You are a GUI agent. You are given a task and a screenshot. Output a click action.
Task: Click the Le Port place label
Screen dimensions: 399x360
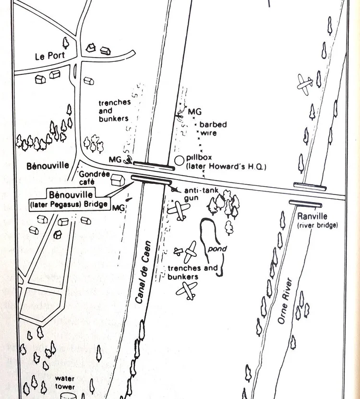[x=49, y=56]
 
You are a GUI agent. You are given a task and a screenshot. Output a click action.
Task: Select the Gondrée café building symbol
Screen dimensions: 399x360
[x=117, y=181]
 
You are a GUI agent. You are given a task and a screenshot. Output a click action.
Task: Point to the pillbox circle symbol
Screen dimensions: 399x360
[x=180, y=159]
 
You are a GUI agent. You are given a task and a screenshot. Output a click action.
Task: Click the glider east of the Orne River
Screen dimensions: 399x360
[x=305, y=84]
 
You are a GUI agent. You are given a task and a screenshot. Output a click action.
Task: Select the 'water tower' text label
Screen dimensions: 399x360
[x=65, y=382]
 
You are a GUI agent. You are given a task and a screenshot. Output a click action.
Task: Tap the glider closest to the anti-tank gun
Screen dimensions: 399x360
[x=180, y=208]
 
